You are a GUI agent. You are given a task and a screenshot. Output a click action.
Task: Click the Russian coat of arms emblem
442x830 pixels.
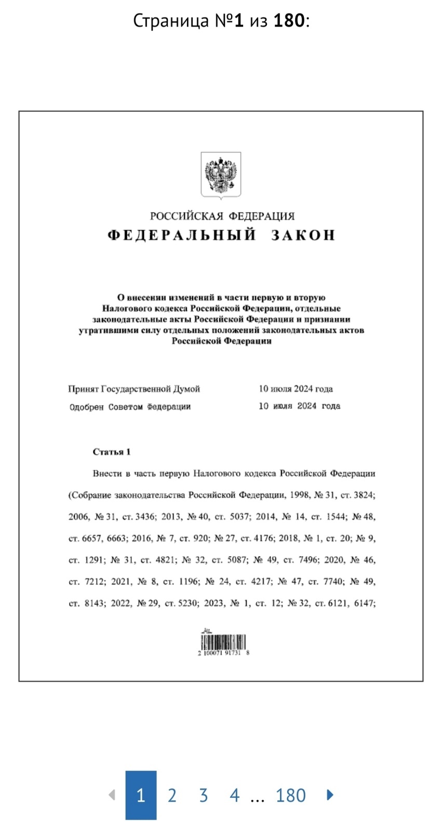pyautogui.click(x=221, y=175)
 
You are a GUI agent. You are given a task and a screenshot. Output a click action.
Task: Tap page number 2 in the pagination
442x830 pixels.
pyautogui.click(x=172, y=795)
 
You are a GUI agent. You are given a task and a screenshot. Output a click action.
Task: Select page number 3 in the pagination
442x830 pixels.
pyautogui.click(x=203, y=795)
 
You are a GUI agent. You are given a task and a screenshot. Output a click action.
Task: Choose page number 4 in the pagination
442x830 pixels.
pyautogui.click(x=234, y=795)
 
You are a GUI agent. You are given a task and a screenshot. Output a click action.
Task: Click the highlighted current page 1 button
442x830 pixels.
pyautogui.click(x=141, y=795)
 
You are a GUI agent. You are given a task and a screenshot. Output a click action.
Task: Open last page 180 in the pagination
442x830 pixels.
pyautogui.click(x=290, y=795)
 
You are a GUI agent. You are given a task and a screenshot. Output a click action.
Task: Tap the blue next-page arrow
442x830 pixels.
pyautogui.click(x=330, y=795)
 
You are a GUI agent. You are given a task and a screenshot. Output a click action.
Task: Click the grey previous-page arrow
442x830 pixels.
pyautogui.click(x=111, y=795)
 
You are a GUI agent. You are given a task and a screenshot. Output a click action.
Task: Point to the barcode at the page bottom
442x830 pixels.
pyautogui.click(x=223, y=643)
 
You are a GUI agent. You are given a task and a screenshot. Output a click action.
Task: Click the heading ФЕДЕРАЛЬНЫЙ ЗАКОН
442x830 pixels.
pyautogui.click(x=221, y=235)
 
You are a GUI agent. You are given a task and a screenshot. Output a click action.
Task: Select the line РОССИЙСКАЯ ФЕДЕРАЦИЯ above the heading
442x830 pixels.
pyautogui.click(x=222, y=216)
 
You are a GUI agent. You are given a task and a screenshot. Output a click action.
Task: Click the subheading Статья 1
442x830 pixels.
pyautogui.click(x=112, y=452)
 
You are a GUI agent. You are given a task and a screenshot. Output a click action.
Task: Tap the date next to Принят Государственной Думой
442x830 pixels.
pyautogui.click(x=296, y=389)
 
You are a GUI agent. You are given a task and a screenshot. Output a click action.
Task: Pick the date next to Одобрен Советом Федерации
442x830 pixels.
pyautogui.click(x=299, y=406)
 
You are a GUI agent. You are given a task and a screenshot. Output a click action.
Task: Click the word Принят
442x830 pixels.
pyautogui.click(x=83, y=389)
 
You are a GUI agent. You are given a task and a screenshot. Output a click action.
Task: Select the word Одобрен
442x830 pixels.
pyautogui.click(x=86, y=407)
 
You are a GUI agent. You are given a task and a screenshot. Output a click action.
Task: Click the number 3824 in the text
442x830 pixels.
pyautogui.click(x=364, y=495)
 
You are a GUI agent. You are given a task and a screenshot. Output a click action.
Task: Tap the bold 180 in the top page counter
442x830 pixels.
pyautogui.click(x=289, y=21)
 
